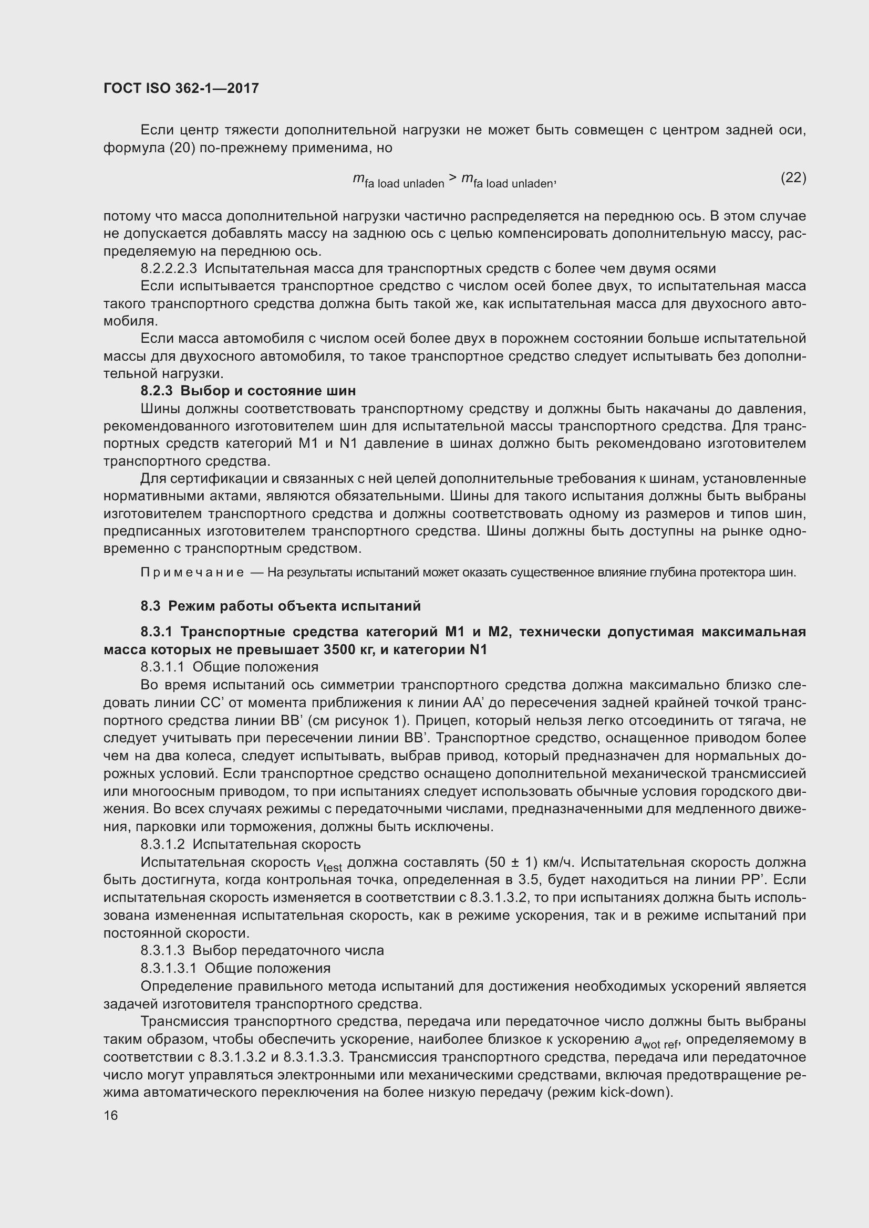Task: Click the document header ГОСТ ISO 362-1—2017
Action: tap(181, 88)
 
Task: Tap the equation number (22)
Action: tap(793, 177)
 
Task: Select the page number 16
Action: tap(111, 1115)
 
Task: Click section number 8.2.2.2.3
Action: tap(169, 268)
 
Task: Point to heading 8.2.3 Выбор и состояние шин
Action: tap(248, 391)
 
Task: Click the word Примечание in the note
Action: tap(192, 573)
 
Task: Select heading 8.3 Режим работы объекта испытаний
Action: tap(281, 606)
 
